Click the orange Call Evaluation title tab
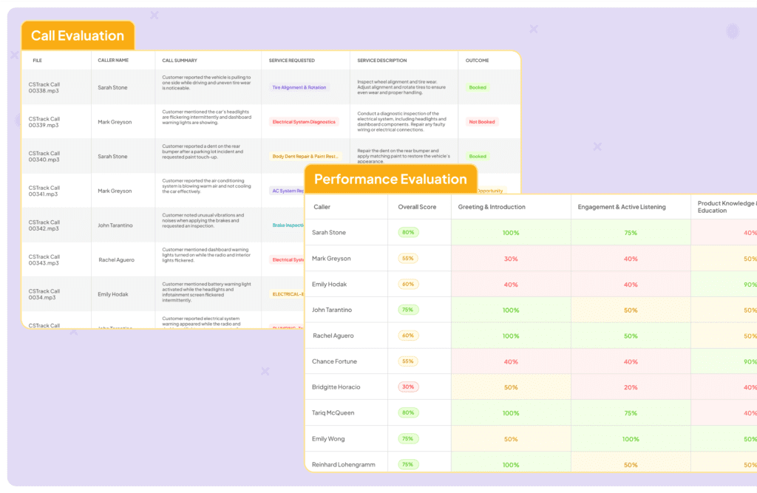coord(78,35)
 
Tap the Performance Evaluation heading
coord(390,179)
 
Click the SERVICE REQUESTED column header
coord(292,61)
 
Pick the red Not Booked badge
coord(482,122)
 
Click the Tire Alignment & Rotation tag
coord(299,87)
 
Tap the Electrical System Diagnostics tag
coord(303,122)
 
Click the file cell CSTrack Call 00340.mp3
coord(44,157)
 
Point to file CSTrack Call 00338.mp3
coord(44,87)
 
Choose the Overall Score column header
coord(417,207)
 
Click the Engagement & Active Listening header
coord(622,207)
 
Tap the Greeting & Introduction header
coord(492,207)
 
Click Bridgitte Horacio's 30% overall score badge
coord(407,387)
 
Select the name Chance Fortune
coord(334,361)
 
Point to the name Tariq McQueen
coord(333,413)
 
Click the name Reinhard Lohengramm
coord(344,465)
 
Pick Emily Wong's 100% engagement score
coord(631,439)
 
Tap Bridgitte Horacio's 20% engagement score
coord(631,387)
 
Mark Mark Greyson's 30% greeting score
coord(511,259)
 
